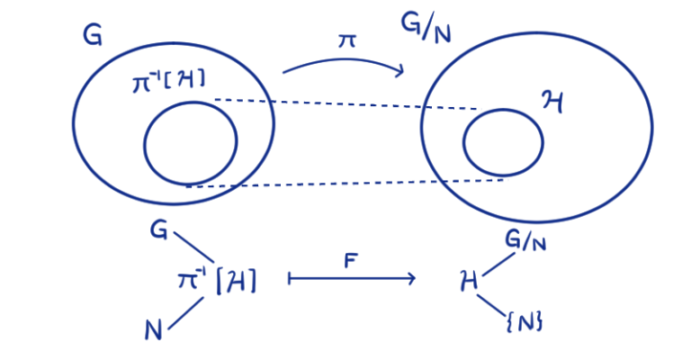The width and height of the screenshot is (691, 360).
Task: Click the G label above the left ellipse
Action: (x=92, y=36)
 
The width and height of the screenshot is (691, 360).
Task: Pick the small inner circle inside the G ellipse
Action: (x=190, y=141)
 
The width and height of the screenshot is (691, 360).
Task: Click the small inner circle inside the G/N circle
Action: (x=503, y=142)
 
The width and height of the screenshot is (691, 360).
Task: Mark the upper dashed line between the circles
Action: (x=346, y=103)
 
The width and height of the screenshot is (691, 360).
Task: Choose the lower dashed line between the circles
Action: (x=346, y=183)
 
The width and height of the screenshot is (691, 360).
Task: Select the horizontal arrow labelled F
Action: (x=351, y=279)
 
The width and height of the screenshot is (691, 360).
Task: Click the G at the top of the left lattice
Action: (x=159, y=232)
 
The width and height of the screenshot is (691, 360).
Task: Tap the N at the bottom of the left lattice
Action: (x=154, y=331)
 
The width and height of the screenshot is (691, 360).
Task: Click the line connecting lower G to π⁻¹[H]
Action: (x=192, y=249)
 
